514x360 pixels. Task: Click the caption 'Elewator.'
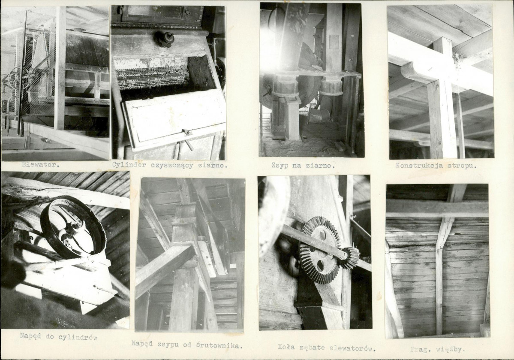(40, 165)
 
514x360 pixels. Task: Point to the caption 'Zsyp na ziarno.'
(303, 166)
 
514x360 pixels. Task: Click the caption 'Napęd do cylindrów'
(58, 337)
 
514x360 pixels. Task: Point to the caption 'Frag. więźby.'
(437, 350)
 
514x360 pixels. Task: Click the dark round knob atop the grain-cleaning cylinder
(164, 39)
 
